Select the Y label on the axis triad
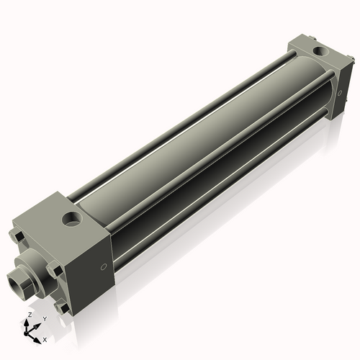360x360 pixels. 44,318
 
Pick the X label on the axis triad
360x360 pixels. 45,338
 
